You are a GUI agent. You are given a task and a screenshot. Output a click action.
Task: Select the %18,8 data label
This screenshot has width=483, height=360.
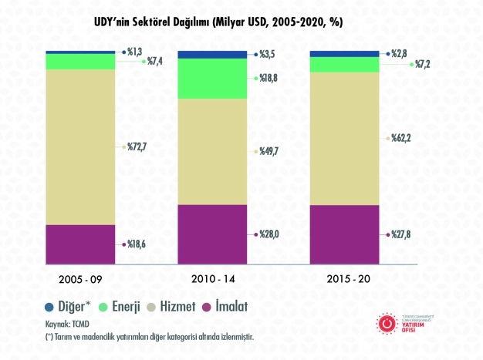(270, 78)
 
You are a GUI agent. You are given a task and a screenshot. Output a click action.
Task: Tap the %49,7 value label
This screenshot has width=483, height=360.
(270, 153)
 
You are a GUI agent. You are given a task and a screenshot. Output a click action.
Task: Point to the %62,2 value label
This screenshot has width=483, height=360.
(403, 139)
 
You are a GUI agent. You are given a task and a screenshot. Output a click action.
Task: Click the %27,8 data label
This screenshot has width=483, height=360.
(403, 234)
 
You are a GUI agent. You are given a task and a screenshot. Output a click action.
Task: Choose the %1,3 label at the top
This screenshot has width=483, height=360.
(135, 51)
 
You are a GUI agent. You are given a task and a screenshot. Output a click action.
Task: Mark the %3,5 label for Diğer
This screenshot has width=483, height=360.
(268, 55)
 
